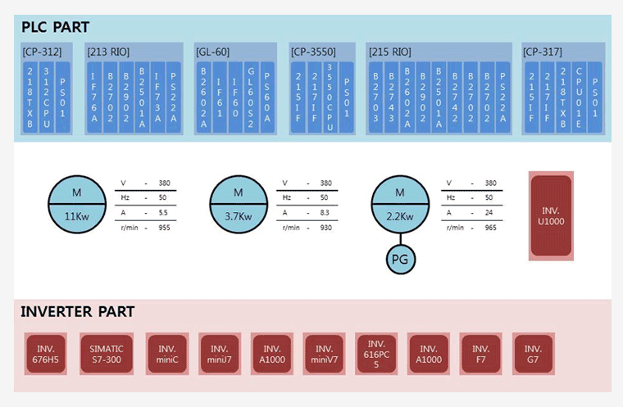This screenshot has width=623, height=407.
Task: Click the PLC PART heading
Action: (x=56, y=27)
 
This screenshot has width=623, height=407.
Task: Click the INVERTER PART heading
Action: (x=77, y=312)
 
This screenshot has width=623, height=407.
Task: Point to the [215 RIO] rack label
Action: (x=390, y=52)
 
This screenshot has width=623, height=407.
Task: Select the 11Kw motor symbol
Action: (x=76, y=204)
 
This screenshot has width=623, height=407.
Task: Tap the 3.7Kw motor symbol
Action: (x=239, y=204)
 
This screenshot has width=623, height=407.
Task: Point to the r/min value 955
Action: (x=164, y=227)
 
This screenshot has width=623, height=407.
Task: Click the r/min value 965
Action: (x=490, y=227)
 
